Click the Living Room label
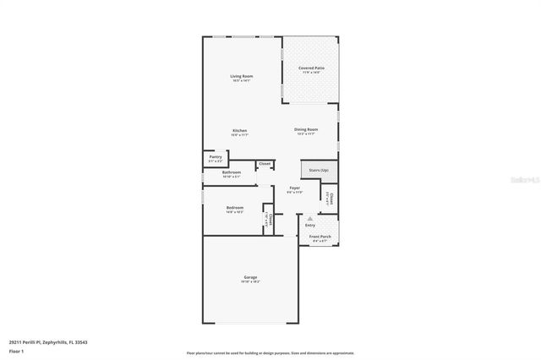[x=242, y=76]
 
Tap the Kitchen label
[x=240, y=130]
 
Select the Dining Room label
[x=305, y=129]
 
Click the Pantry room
[x=216, y=158]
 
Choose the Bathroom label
[x=232, y=173]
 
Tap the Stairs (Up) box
[x=319, y=170]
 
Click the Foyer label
[x=294, y=188]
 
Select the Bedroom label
[x=235, y=208]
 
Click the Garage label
[x=250, y=277]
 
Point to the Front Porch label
[x=320, y=237]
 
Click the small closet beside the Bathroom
[x=265, y=163]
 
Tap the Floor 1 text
[x=17, y=350]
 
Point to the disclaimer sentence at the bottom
[x=270, y=352]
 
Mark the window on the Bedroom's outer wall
[x=203, y=196]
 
